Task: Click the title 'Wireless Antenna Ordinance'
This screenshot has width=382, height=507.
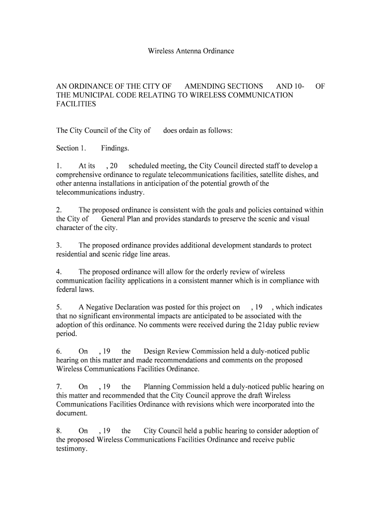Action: point(191,51)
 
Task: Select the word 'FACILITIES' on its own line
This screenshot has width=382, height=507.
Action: point(76,104)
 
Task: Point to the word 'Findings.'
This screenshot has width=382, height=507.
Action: point(115,148)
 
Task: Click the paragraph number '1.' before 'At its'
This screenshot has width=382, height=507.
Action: point(59,166)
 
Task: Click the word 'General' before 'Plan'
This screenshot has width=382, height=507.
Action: point(115,219)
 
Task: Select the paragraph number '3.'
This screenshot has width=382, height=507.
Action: point(59,246)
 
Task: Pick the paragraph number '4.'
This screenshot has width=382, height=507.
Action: point(59,272)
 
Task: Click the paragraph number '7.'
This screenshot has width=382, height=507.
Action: point(59,387)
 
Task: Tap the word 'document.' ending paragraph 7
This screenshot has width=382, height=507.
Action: point(72,413)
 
